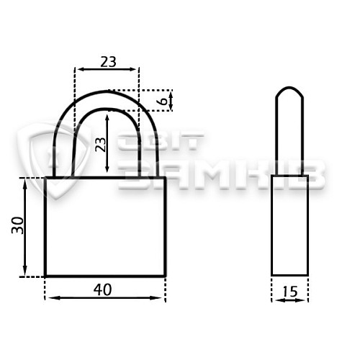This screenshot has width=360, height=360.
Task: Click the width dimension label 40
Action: click(102, 289)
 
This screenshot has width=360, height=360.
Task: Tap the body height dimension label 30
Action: click(18, 225)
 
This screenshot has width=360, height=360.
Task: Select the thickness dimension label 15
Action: click(289, 292)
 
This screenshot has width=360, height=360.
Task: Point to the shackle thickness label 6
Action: click(163, 101)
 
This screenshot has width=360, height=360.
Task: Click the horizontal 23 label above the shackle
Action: click(108, 62)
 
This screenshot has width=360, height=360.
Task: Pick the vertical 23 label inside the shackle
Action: click(101, 145)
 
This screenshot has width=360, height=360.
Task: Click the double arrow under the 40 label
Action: click(105, 298)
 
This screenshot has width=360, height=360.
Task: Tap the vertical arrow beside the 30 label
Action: click(25, 228)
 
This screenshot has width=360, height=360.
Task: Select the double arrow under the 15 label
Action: click(290, 300)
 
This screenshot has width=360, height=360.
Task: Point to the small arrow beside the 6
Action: click(171, 101)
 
